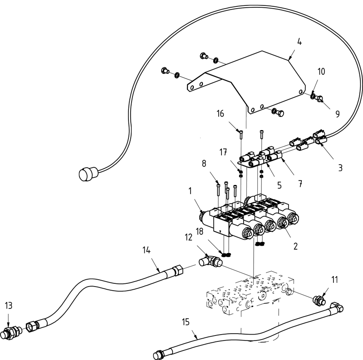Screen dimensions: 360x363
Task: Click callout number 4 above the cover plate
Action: point(299,42)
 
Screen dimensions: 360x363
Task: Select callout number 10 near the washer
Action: point(321,72)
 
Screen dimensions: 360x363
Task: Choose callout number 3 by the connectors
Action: point(340,168)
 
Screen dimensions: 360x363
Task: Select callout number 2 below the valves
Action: point(295,247)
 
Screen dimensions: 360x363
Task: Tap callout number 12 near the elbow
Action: point(188,237)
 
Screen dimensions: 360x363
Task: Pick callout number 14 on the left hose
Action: point(146,250)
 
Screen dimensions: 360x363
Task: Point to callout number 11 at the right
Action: point(335,281)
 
